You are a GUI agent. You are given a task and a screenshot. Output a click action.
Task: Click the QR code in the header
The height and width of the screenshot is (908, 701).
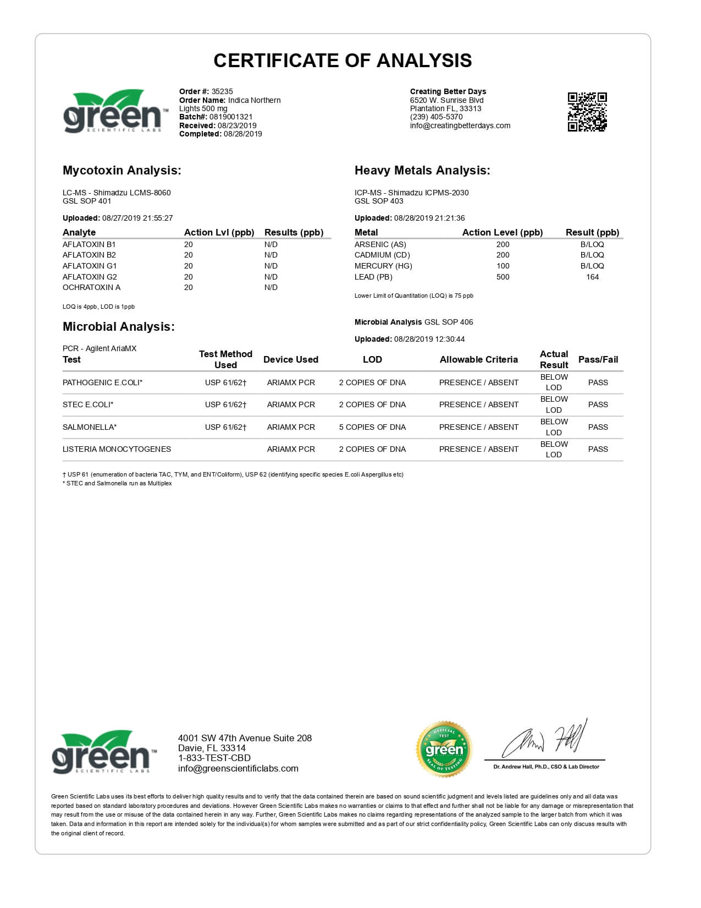[587, 112]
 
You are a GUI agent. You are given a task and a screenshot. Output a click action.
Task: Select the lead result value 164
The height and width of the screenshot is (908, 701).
[592, 277]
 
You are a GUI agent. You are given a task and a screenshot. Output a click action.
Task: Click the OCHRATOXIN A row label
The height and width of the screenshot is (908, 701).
[91, 287]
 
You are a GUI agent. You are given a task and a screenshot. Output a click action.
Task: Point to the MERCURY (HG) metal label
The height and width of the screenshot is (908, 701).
[383, 266]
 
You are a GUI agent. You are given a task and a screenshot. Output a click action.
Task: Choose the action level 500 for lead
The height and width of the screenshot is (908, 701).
[503, 277]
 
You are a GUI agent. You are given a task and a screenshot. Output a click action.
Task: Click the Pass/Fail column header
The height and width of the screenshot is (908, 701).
[598, 359]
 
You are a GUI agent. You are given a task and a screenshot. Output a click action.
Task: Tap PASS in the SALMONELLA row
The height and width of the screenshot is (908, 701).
[598, 427]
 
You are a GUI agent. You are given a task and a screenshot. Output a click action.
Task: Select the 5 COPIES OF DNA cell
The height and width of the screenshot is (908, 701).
[372, 427]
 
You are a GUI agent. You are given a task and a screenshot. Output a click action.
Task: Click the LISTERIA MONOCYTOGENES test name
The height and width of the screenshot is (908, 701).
[117, 449]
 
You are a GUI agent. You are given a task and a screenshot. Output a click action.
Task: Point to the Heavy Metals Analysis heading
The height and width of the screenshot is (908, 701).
[422, 171]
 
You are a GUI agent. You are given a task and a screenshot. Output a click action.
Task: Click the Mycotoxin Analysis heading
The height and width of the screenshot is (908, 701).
[122, 171]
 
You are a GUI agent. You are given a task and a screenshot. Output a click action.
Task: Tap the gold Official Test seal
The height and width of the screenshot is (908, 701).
[444, 749]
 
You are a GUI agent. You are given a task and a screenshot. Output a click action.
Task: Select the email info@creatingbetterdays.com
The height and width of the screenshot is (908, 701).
[460, 125]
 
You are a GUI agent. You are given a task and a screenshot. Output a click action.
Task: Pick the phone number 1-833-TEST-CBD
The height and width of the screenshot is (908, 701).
[214, 758]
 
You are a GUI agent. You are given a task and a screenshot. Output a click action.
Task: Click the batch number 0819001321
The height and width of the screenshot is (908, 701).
[230, 117]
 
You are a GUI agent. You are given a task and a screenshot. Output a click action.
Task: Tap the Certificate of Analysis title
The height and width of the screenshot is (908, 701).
[343, 61]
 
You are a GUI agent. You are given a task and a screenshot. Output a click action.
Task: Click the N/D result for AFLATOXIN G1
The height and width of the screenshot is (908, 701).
[271, 266]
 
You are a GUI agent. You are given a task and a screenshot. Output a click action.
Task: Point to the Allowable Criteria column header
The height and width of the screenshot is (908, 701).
[478, 359]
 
